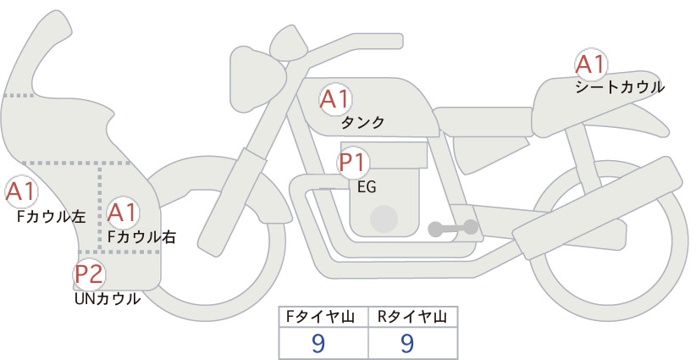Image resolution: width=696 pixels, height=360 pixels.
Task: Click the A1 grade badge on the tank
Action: point(335,99)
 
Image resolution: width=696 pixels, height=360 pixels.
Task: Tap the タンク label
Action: point(362,123)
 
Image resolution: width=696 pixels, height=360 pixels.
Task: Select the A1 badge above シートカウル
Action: point(591,64)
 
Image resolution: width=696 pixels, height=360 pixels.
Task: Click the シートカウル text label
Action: point(620,87)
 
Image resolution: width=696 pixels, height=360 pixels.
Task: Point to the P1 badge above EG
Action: point(353,163)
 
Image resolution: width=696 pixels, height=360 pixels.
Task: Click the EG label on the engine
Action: point(367,187)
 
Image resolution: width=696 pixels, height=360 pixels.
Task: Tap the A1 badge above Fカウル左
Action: point(21,191)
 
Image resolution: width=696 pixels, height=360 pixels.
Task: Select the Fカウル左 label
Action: point(51,217)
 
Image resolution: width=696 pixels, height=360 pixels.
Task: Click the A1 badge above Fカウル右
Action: point(123,213)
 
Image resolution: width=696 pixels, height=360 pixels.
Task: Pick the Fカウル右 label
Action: point(142,237)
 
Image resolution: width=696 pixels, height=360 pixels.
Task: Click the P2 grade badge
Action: point(89,274)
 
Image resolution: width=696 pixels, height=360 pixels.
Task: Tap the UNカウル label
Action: point(108,299)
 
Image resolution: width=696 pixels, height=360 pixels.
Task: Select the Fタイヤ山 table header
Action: point(320,317)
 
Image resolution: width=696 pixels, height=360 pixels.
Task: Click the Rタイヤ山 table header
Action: point(412,317)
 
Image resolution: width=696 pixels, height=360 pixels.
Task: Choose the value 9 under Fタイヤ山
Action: point(319,343)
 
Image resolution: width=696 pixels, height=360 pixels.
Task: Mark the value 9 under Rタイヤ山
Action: point(407,343)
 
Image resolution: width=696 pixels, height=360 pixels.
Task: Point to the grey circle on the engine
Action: point(384,219)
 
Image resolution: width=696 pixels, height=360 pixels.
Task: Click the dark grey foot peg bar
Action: point(453,228)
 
